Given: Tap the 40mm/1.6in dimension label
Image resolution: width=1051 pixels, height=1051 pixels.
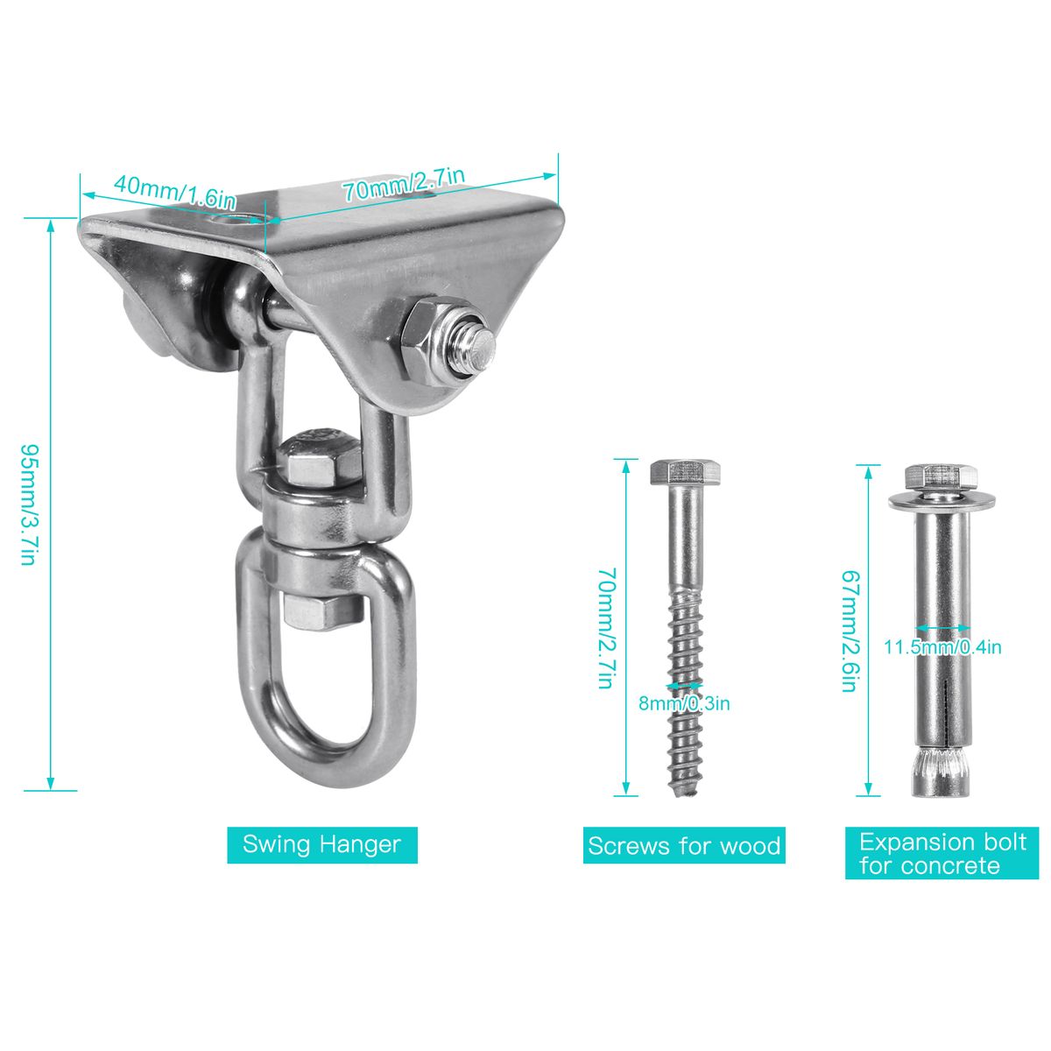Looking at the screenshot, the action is point(175,192).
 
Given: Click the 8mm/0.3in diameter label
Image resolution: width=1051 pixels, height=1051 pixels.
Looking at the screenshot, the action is point(684,703).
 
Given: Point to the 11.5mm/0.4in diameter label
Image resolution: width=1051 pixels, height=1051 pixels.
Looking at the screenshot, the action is point(942,647).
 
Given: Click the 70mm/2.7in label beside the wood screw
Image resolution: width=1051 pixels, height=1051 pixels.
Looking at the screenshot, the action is point(607,628).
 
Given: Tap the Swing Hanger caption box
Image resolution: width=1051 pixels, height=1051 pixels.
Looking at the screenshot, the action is point(321,844).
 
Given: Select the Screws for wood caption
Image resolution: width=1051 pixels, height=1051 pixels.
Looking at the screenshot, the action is point(684,845).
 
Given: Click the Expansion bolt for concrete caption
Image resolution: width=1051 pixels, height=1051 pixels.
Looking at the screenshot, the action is point(942,853).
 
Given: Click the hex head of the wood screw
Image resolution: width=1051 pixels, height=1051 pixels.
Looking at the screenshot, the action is point(685,472).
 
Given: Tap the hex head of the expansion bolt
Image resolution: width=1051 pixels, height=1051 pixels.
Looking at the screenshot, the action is point(941,476).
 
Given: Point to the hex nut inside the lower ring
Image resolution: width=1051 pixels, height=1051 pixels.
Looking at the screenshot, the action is point(321,612).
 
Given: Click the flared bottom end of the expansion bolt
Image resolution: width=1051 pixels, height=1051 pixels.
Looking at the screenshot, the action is point(942,773).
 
